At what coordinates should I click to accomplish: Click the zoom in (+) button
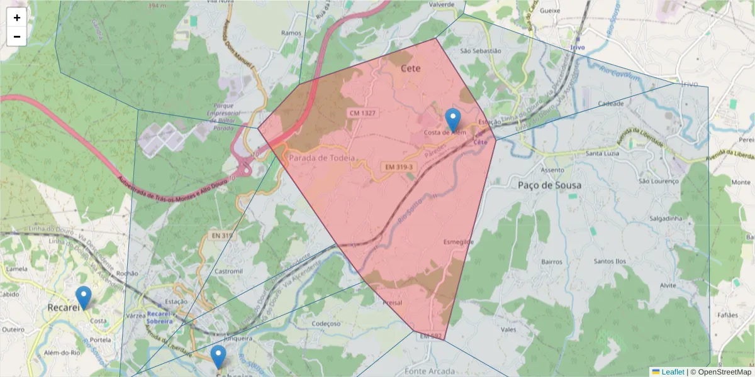click(x=17, y=18)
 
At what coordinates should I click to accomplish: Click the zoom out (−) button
click(x=17, y=36)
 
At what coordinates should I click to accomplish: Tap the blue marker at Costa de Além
click(x=452, y=120)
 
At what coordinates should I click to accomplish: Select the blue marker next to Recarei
click(x=83, y=297)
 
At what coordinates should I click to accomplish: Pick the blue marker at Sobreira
click(x=218, y=356)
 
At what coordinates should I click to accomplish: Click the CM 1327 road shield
click(x=361, y=113)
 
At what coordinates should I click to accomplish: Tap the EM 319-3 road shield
click(x=397, y=167)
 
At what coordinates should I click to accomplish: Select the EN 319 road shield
click(x=222, y=236)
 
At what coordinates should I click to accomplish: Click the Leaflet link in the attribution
click(x=672, y=372)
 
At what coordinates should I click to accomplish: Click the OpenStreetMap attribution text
click(x=724, y=372)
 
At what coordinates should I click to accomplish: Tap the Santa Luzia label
click(x=602, y=153)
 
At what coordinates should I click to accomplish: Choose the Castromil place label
click(x=228, y=271)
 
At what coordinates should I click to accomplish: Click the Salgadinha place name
click(x=666, y=218)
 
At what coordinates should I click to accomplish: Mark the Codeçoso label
click(x=326, y=324)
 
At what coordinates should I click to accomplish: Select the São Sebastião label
click(x=481, y=50)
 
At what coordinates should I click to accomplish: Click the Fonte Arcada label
click(x=430, y=371)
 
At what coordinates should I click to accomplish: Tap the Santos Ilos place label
click(x=610, y=261)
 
